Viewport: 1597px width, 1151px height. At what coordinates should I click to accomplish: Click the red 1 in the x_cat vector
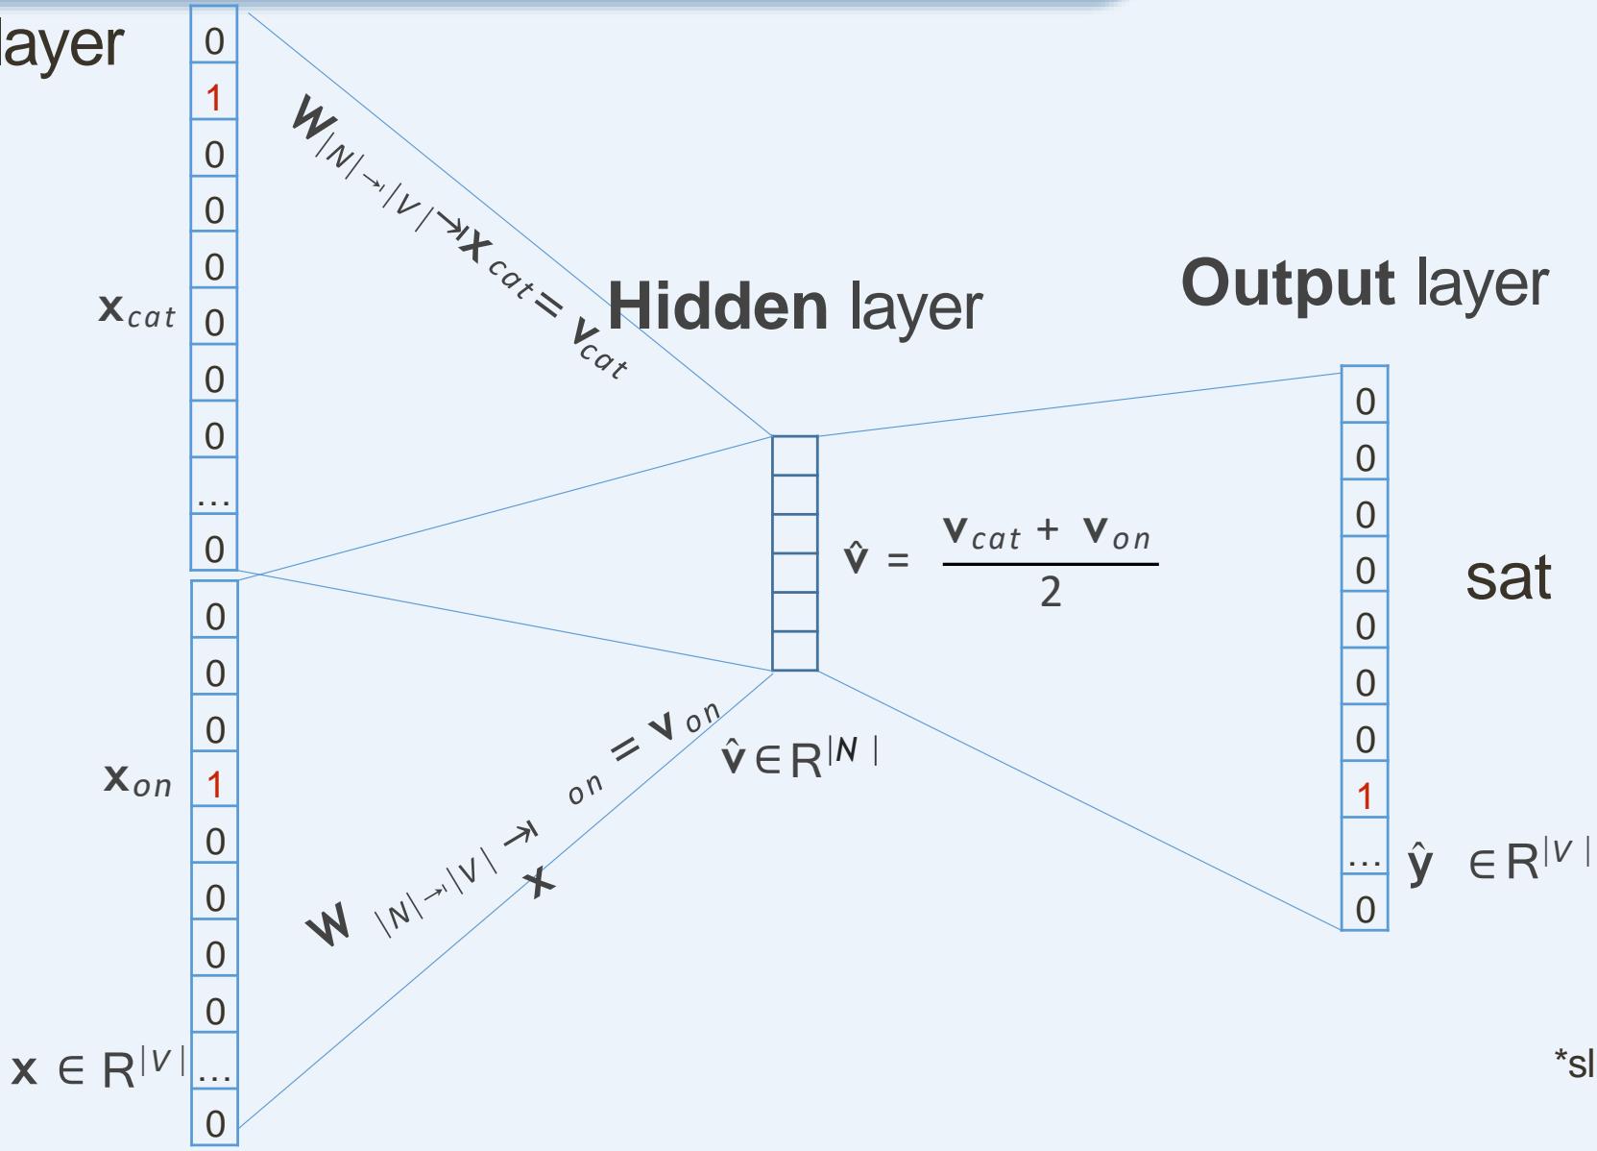[213, 98]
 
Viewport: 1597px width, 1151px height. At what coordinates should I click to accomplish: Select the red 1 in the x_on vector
[214, 785]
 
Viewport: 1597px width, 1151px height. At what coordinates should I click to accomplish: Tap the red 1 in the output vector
[1365, 796]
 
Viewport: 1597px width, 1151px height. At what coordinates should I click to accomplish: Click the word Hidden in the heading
[717, 306]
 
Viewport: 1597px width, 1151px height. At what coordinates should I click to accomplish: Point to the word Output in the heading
[1287, 282]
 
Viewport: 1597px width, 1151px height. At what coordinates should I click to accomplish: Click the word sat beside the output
[1508, 577]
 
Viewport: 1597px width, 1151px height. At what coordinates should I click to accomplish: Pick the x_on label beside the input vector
[137, 779]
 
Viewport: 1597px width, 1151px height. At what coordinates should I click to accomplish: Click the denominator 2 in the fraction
[1051, 593]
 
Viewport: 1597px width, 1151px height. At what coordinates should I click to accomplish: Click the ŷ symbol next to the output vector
[1420, 862]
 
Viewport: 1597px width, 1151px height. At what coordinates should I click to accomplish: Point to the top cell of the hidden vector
[795, 455]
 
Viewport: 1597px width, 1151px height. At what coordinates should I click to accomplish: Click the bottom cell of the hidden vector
[795, 650]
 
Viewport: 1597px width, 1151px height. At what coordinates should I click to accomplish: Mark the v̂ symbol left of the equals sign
[855, 557]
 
